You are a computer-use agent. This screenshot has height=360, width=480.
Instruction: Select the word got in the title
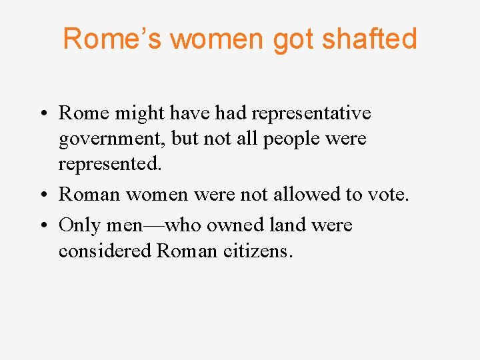pos(295,40)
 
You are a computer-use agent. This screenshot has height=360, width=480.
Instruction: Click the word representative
pos(309,113)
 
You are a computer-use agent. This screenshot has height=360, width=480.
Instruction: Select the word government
pos(111,140)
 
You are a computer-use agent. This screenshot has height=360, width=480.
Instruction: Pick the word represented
pos(109,164)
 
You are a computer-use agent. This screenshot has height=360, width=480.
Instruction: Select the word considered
pos(105,251)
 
